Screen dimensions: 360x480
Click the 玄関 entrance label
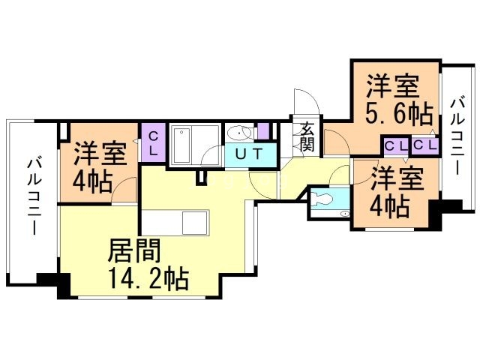[x=307, y=136]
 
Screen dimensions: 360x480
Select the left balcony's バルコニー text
[x=34, y=195]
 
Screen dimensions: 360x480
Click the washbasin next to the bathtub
[x=239, y=133]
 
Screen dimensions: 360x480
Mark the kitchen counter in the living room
[x=178, y=223]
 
